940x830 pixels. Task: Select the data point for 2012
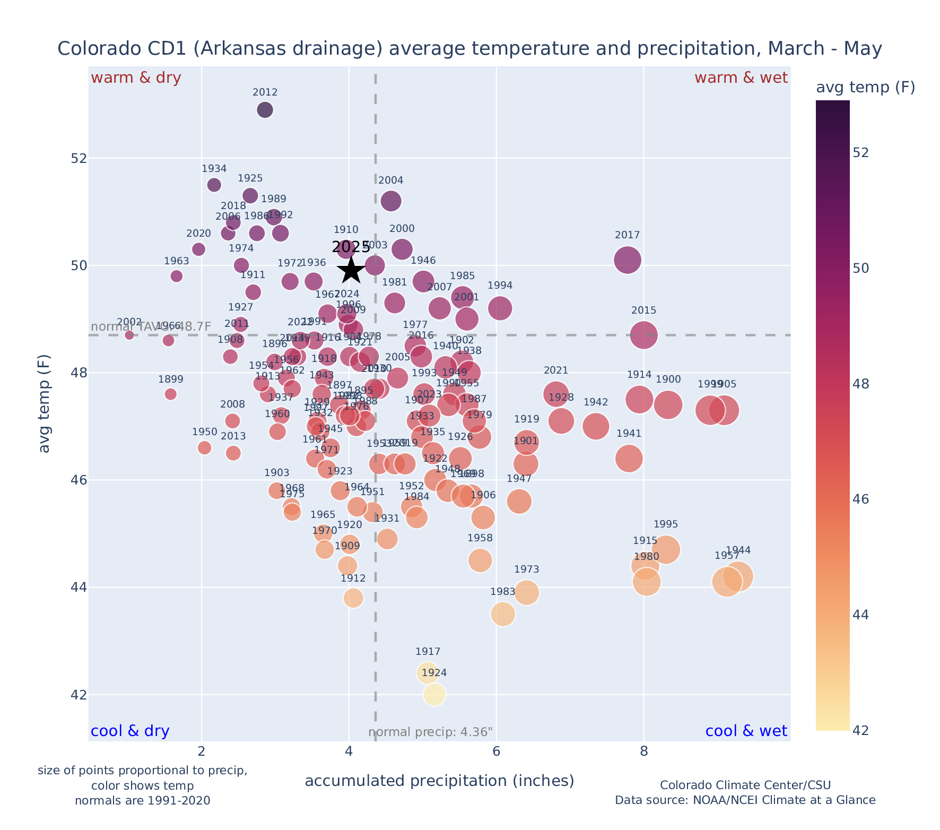click(x=265, y=110)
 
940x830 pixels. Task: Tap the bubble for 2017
click(x=628, y=260)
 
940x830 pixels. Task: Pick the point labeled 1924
click(x=434, y=694)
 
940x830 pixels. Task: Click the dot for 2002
click(x=129, y=335)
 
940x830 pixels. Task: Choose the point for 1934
click(x=214, y=185)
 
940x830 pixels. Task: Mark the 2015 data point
click(x=644, y=335)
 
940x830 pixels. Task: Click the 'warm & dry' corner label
click(x=136, y=78)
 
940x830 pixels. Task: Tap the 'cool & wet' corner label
click(x=746, y=731)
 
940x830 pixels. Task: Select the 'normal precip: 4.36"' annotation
click(x=430, y=732)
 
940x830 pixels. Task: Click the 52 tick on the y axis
click(x=71, y=159)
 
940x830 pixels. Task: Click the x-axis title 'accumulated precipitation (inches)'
click(x=439, y=781)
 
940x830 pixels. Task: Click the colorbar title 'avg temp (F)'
click(x=865, y=88)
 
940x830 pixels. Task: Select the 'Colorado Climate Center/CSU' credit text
click(x=745, y=785)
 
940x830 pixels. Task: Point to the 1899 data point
click(x=170, y=394)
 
